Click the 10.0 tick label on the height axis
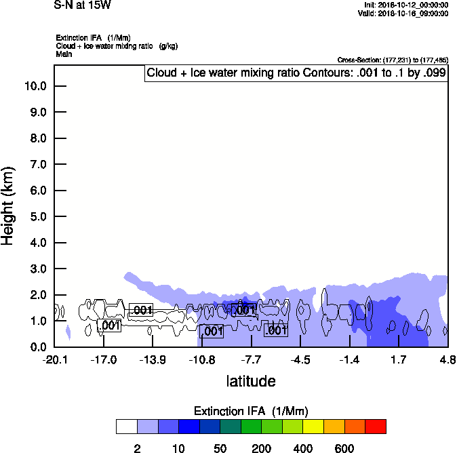(x=35, y=86)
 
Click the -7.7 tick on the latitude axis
(x=251, y=359)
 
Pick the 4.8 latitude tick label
(x=448, y=359)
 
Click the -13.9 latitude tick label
(x=153, y=359)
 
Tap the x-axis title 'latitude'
(x=251, y=381)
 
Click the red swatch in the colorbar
(x=376, y=427)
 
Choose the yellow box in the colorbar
(x=313, y=427)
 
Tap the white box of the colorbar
(x=127, y=427)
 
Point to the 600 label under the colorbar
(x=344, y=448)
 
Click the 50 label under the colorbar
(x=220, y=448)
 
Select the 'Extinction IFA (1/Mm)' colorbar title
(x=251, y=411)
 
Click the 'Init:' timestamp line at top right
(x=406, y=5)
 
